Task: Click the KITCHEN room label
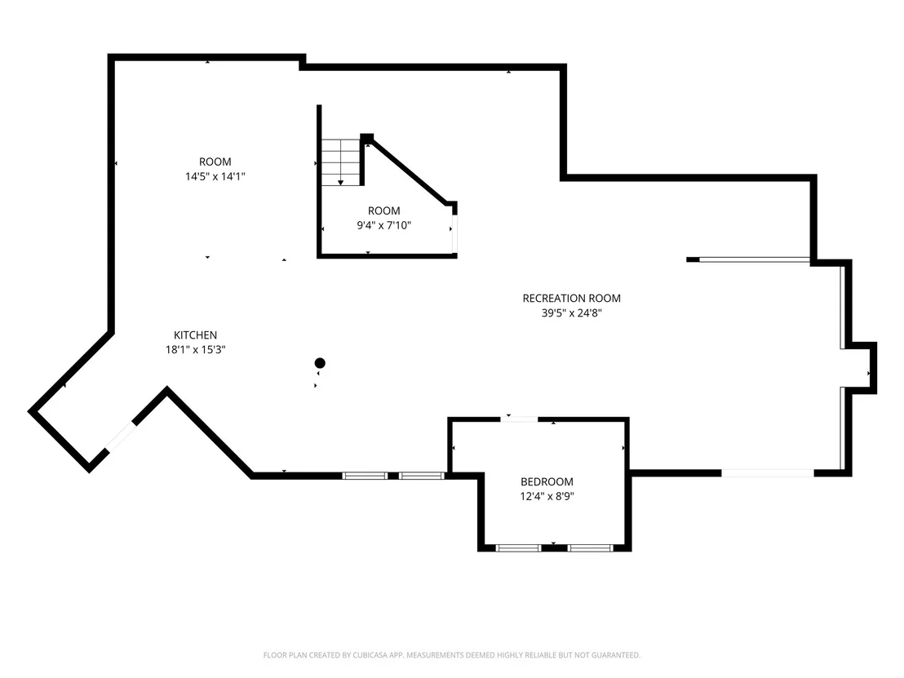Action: click(196, 335)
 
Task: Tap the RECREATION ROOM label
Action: click(571, 298)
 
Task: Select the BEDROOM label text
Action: click(547, 481)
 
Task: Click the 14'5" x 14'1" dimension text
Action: click(215, 176)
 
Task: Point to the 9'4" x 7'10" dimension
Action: click(384, 225)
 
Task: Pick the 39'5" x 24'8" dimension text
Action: click(571, 313)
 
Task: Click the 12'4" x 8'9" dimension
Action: click(547, 496)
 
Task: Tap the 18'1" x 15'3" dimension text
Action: click(196, 349)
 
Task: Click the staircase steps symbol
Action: click(341, 162)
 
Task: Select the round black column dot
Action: click(320, 362)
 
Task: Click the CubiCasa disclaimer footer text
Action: click(452, 655)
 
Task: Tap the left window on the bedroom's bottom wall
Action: click(518, 547)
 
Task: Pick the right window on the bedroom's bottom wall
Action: click(590, 547)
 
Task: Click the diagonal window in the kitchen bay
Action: click(121, 437)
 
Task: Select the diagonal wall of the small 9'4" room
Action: click(408, 171)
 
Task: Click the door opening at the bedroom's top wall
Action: click(519, 419)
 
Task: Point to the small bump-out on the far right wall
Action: click(864, 368)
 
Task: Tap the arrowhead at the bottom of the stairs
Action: click(341, 183)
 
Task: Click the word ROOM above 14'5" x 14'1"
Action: click(215, 162)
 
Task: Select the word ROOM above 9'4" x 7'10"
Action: click(384, 211)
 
